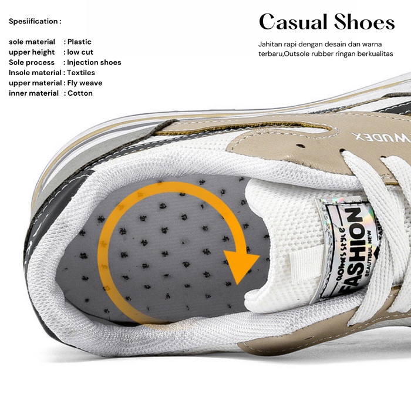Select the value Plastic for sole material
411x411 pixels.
click(x=79, y=42)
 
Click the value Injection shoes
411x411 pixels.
click(x=94, y=62)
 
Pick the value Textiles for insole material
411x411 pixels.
click(x=82, y=73)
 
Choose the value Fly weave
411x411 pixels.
click(x=85, y=83)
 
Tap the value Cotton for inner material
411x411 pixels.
click(x=80, y=93)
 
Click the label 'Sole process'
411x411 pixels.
click(x=32, y=62)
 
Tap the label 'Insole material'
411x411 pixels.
click(x=35, y=73)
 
